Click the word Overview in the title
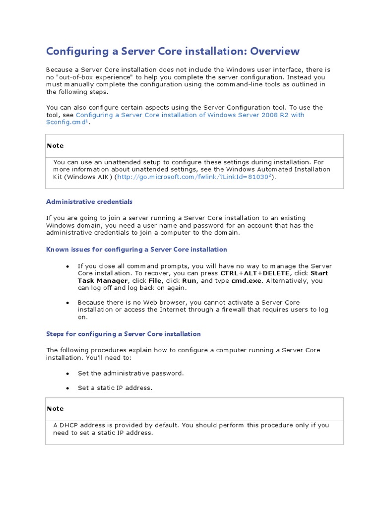pos(275,51)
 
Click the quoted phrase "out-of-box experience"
pos(96,77)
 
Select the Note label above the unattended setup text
pos(55,146)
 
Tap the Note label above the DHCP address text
pos(55,409)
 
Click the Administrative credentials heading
pos(89,202)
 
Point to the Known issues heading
pos(136,250)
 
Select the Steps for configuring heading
pos(123,334)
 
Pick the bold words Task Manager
pos(99,281)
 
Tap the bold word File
pos(155,281)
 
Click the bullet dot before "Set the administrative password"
pos(67,374)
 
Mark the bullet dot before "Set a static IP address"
pos(67,388)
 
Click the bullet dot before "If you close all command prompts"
pos(67,266)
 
